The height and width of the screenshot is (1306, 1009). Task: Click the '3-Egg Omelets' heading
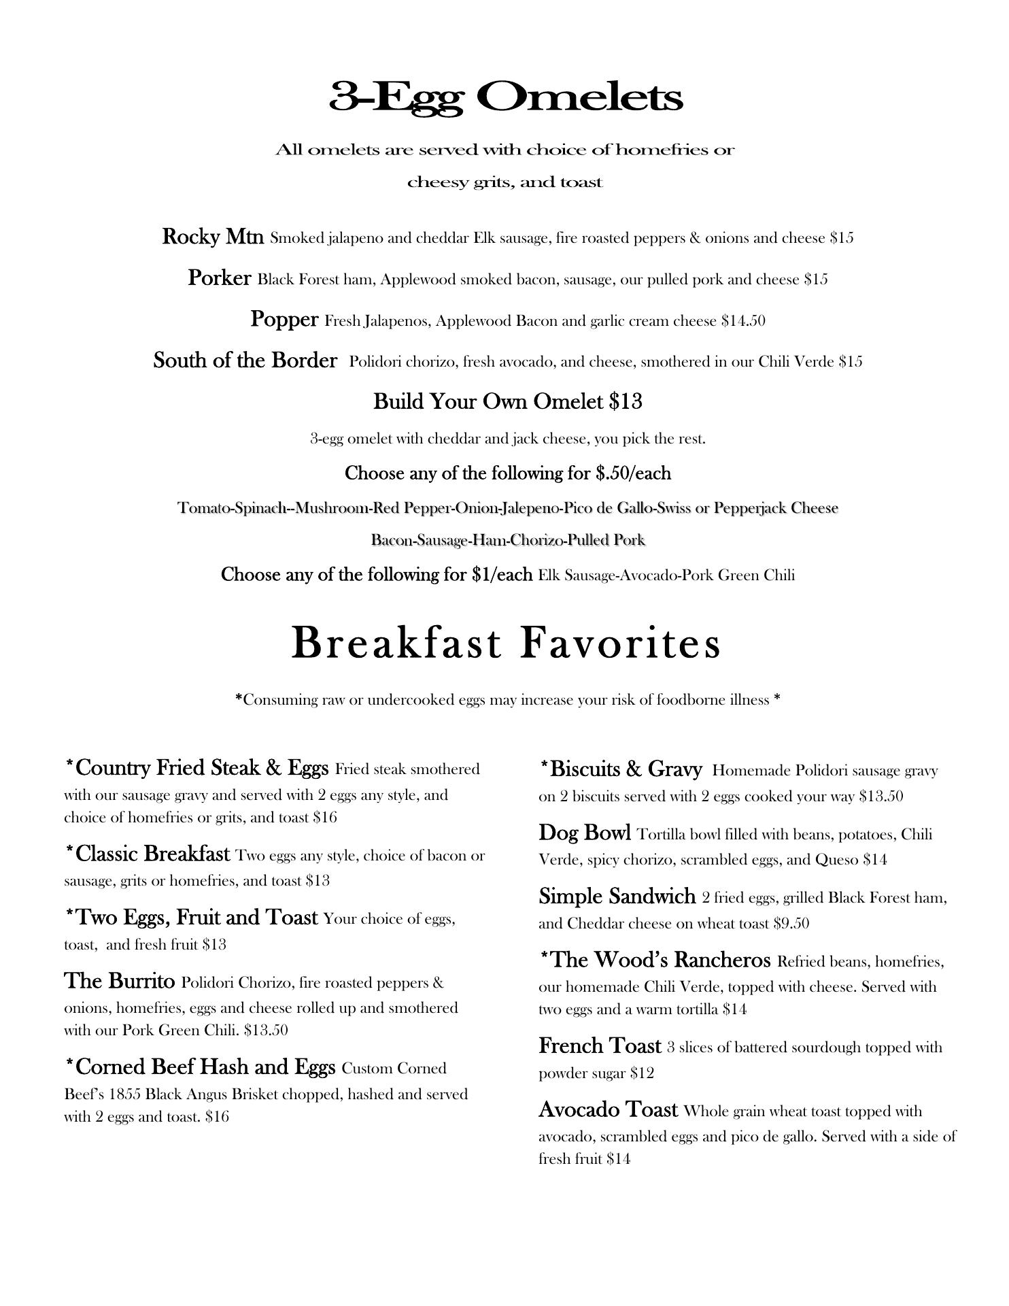505,97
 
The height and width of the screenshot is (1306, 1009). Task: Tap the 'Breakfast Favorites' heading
505,643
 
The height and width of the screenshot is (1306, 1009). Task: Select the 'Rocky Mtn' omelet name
213,237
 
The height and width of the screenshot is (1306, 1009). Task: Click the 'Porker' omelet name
219,278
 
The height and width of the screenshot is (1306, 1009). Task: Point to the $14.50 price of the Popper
743,320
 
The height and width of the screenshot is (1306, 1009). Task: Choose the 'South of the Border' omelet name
245,360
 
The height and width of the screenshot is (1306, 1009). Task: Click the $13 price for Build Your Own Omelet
626,401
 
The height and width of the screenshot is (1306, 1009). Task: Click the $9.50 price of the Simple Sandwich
791,923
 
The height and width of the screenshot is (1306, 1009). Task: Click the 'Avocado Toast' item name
608,1109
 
